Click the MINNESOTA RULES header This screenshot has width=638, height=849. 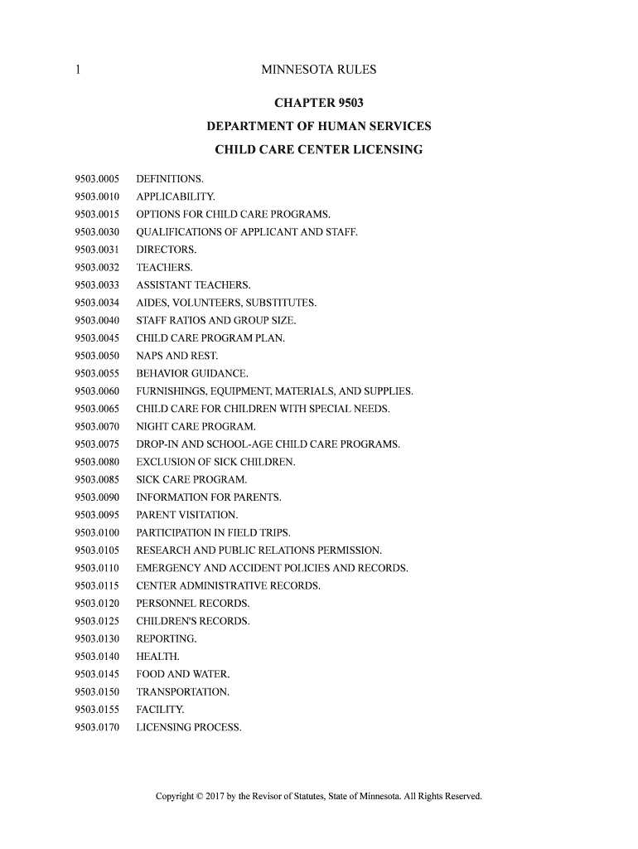point(319,70)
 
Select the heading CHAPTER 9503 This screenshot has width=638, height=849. point(319,104)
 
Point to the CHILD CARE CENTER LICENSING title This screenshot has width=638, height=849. point(319,150)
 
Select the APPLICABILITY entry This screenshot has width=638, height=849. point(176,197)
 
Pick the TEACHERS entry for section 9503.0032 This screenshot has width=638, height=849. point(164,268)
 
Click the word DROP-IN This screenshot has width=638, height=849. point(157,444)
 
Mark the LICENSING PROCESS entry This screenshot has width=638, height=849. point(189,727)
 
